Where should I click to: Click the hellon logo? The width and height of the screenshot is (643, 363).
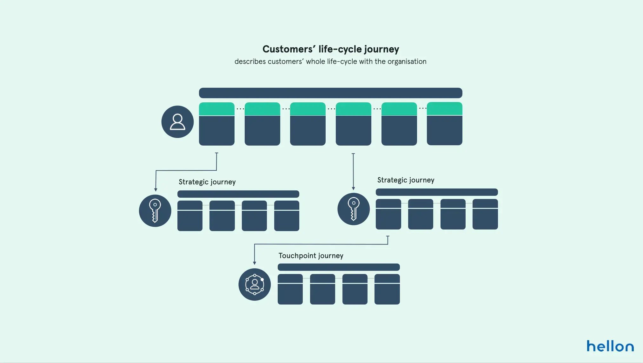coord(610,346)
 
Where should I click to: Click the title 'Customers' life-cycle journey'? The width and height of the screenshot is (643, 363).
coord(330,49)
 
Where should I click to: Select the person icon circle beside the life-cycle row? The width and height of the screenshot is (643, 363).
coord(177,122)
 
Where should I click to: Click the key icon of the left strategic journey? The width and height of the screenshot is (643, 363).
coord(155,211)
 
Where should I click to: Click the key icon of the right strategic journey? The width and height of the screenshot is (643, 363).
coord(353,209)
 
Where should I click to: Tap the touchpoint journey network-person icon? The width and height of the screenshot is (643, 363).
coord(255,284)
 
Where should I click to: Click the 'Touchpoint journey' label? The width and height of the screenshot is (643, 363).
coord(311,256)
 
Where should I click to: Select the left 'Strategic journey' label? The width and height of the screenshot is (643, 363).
coord(207,182)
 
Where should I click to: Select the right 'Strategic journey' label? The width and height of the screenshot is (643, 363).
coord(406,180)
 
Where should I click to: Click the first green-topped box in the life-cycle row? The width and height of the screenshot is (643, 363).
coord(217,124)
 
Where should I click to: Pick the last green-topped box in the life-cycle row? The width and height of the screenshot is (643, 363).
coord(444,124)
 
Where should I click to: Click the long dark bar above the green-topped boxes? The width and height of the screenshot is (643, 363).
coord(330,93)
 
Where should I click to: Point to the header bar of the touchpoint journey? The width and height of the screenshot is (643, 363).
coord(339,267)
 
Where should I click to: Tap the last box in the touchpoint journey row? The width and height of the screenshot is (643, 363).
coord(387,289)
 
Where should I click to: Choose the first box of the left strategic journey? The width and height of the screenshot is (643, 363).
coord(190,216)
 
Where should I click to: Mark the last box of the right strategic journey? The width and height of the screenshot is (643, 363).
coord(485,214)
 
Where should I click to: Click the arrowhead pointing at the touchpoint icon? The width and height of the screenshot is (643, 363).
coord(254,263)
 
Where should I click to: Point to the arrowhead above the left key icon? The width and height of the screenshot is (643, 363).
coord(156,189)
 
